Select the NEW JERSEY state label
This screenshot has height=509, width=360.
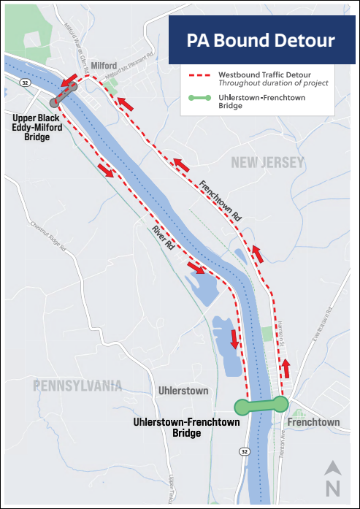[x=267, y=164]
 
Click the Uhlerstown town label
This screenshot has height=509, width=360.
[x=183, y=391]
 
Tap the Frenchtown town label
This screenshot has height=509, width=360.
[x=313, y=423]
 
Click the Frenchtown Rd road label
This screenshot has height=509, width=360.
[x=220, y=201]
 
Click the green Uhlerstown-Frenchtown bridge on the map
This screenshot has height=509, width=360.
[x=261, y=405]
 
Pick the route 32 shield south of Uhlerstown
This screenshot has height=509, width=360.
[x=242, y=453]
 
